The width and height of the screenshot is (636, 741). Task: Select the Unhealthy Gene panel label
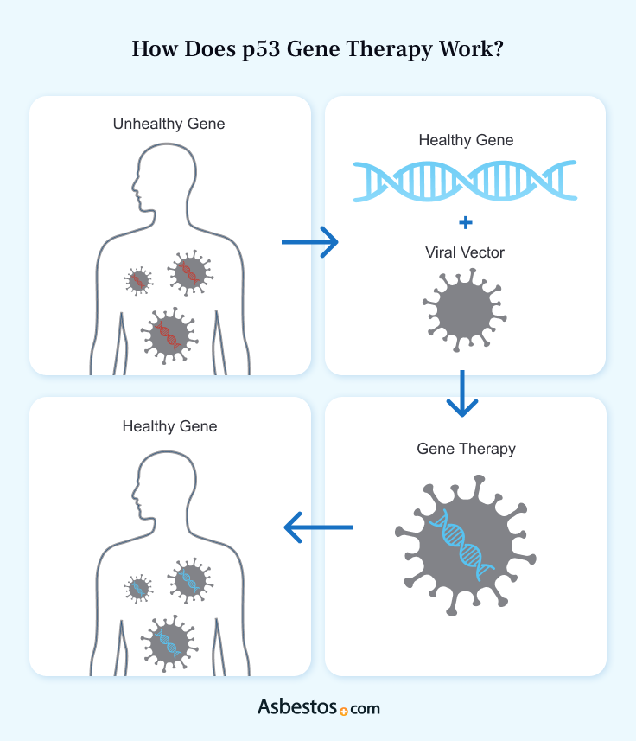coord(169,124)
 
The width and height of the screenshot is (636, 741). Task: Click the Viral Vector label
coord(465,252)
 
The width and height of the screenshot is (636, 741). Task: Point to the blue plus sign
coord(465,223)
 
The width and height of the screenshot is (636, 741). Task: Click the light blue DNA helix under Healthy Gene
coord(465,181)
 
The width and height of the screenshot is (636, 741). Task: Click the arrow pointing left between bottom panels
coord(318,527)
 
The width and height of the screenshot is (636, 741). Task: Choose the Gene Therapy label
coord(466,449)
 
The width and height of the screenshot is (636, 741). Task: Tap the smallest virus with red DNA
coord(137,280)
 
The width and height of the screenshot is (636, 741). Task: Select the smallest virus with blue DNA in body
coord(137,588)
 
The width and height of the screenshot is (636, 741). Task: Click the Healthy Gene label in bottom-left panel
coord(169,426)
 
